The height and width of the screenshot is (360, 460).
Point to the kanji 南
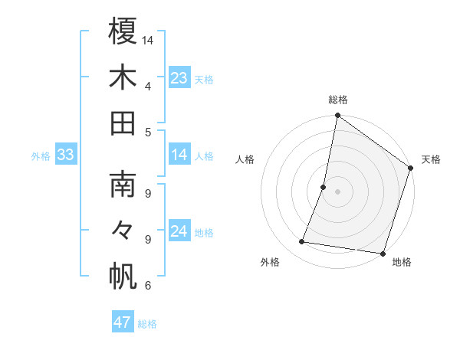(x=123, y=184)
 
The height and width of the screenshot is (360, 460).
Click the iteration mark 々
(x=123, y=230)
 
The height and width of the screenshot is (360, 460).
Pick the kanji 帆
(x=123, y=277)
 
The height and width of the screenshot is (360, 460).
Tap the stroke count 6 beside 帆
(x=148, y=286)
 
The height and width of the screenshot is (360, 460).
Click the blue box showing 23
(x=179, y=78)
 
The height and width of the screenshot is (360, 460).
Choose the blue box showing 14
(x=179, y=155)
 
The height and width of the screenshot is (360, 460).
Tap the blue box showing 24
(x=179, y=231)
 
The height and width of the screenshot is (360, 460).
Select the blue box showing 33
(x=66, y=155)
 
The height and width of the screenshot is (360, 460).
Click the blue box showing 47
(x=123, y=322)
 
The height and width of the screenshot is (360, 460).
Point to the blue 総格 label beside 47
(x=147, y=324)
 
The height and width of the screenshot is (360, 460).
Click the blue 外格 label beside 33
(x=41, y=156)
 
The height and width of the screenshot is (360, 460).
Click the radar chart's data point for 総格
(x=337, y=116)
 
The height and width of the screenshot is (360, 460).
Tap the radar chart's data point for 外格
(x=302, y=242)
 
